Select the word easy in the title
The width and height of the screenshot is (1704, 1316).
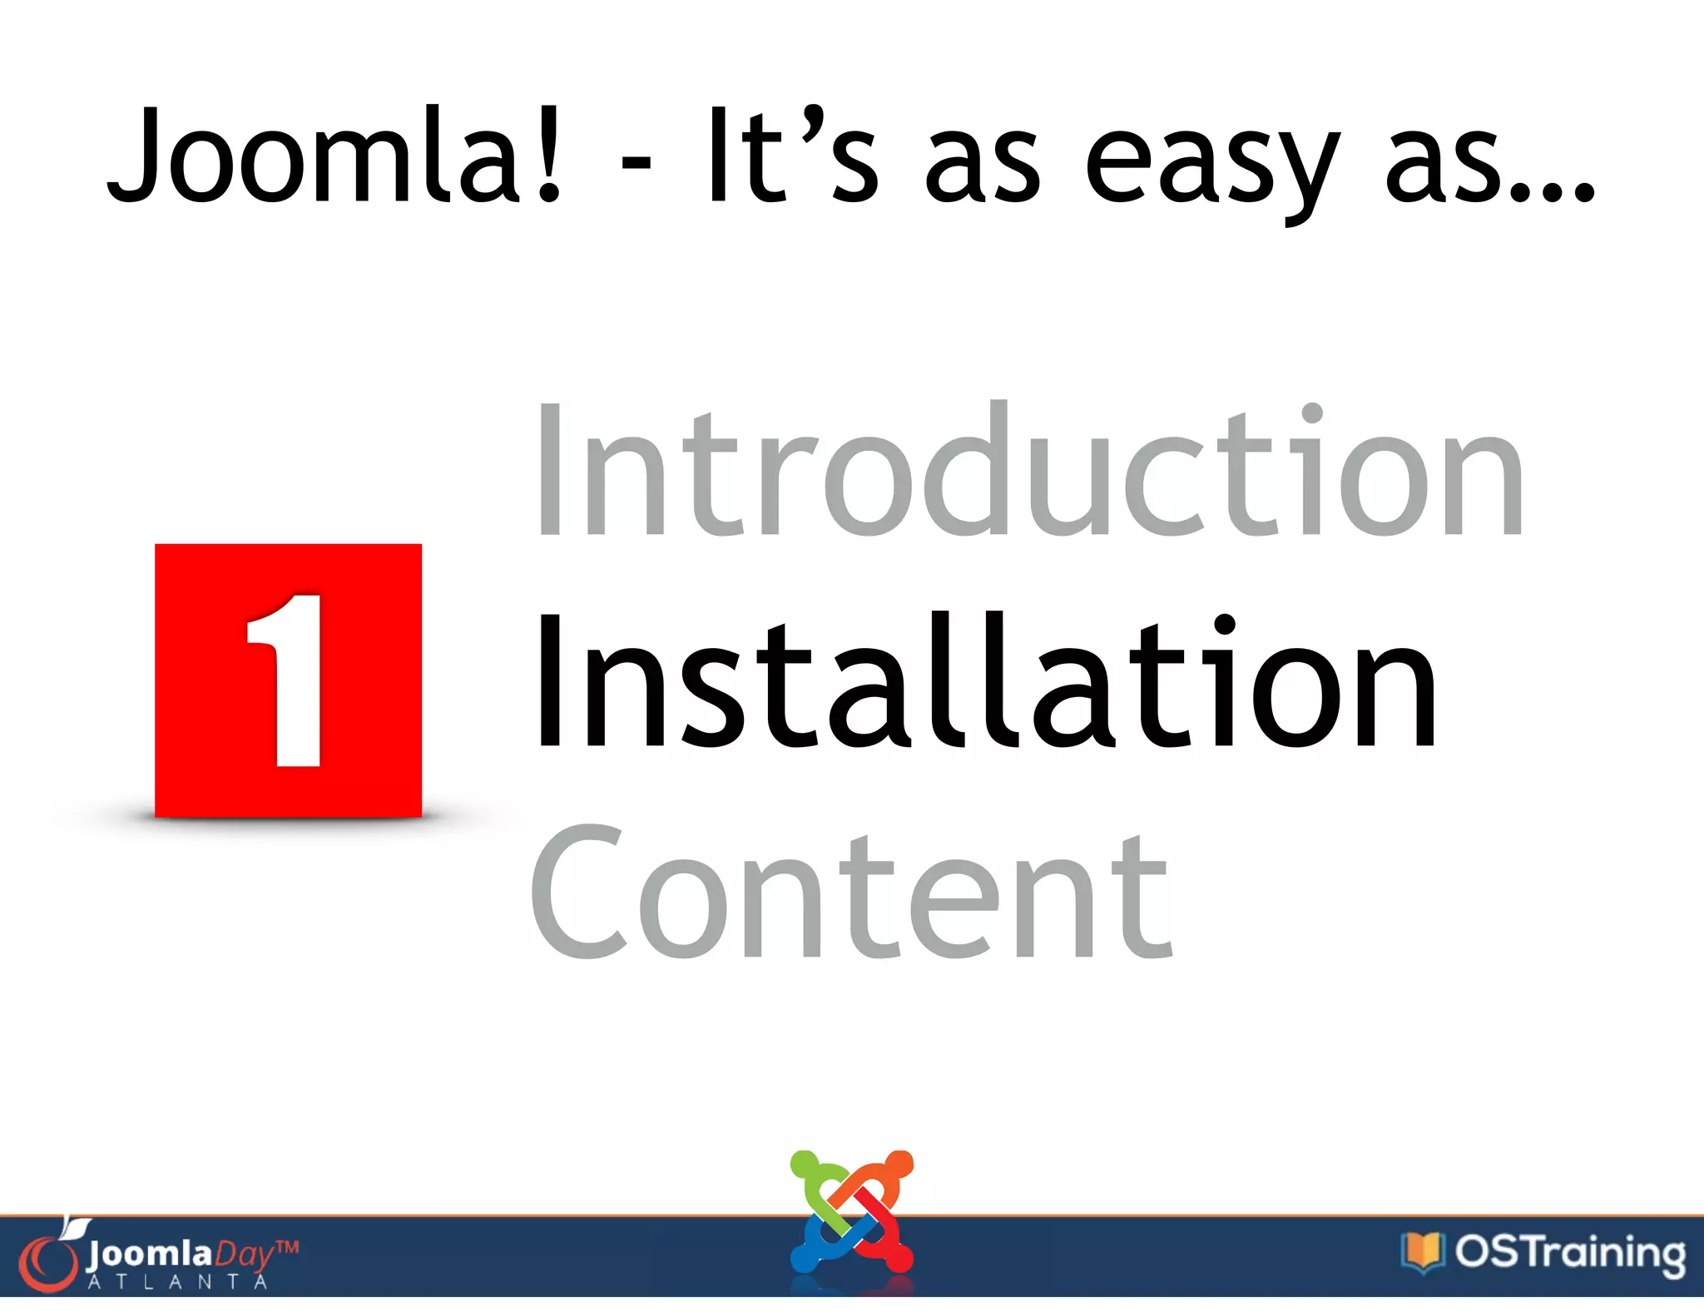click(1211, 162)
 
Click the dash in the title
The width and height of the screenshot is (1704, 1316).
click(636, 162)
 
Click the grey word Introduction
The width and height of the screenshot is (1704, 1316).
click(1028, 470)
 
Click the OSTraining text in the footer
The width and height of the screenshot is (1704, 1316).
click(1569, 1252)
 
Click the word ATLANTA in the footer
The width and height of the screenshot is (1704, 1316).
click(177, 1282)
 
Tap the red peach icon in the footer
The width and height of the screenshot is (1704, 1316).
click(48, 1260)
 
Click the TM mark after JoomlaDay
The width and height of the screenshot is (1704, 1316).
click(286, 1247)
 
